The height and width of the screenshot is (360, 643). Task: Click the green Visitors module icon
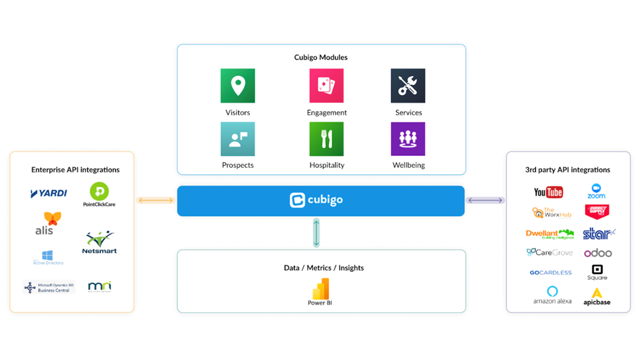(237, 85)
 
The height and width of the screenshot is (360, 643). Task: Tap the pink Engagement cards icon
(327, 85)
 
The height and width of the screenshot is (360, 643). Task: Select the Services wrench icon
(408, 85)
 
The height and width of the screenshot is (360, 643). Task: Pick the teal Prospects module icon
(237, 139)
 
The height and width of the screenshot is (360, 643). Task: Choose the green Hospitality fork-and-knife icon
(327, 139)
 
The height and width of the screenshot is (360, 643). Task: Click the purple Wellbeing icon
(408, 139)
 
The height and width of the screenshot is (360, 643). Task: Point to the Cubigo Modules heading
(321, 57)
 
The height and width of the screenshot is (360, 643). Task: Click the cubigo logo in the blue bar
(316, 200)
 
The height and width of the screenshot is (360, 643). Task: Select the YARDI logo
(48, 193)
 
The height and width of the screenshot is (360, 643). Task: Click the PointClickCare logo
(99, 194)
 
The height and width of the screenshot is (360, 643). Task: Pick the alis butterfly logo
(47, 223)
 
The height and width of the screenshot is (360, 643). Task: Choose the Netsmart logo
(99, 243)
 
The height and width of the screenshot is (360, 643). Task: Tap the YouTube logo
(548, 192)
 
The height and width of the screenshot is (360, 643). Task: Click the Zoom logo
(596, 192)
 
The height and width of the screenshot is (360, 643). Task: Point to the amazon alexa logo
(552, 295)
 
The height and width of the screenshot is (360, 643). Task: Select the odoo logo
(597, 253)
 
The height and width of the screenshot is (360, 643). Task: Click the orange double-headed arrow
(155, 200)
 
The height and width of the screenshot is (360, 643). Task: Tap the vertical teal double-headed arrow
(316, 232)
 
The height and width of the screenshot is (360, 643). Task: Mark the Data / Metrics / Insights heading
(323, 268)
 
